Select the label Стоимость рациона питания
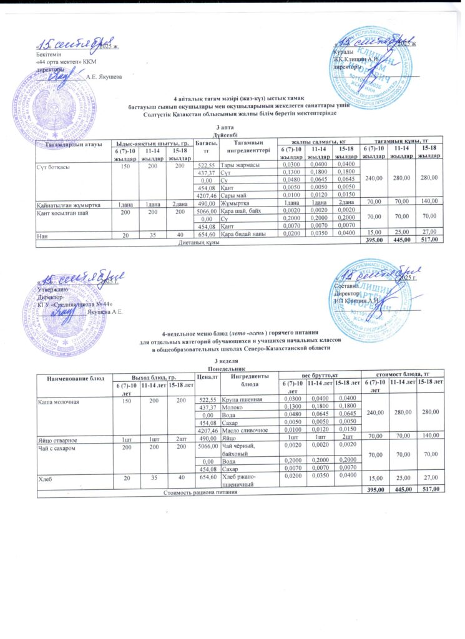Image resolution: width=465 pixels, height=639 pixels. coord(198,493)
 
